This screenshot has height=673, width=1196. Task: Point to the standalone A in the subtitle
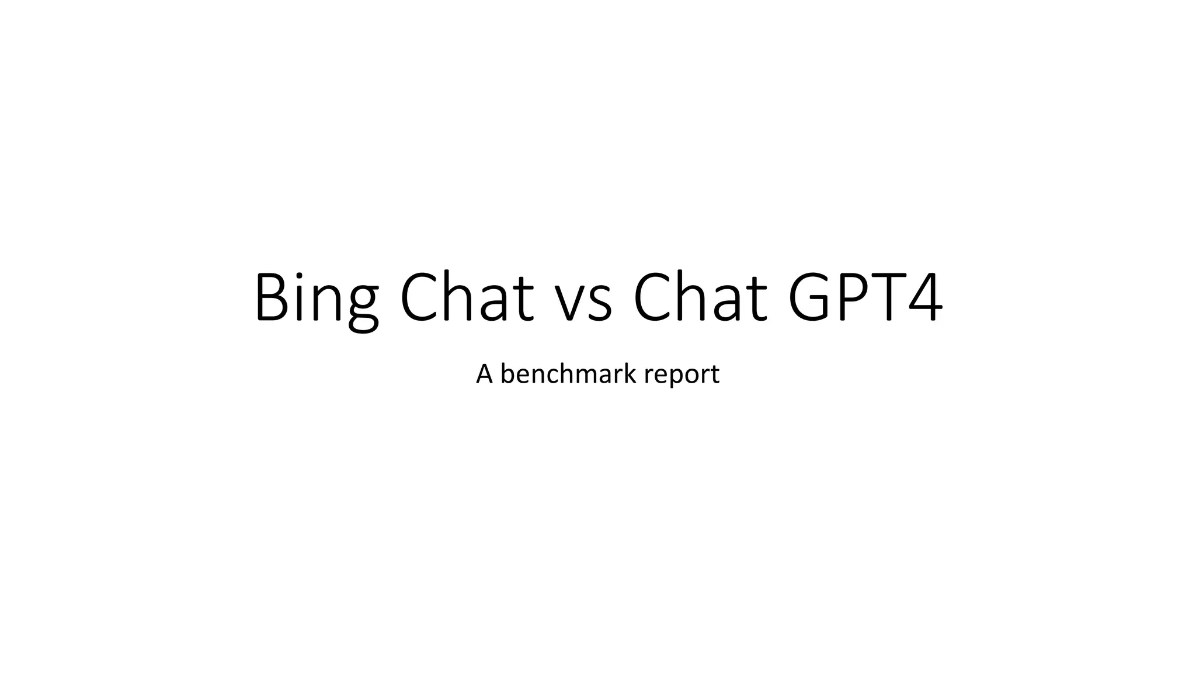(x=484, y=374)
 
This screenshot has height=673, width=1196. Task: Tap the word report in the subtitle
(x=682, y=375)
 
